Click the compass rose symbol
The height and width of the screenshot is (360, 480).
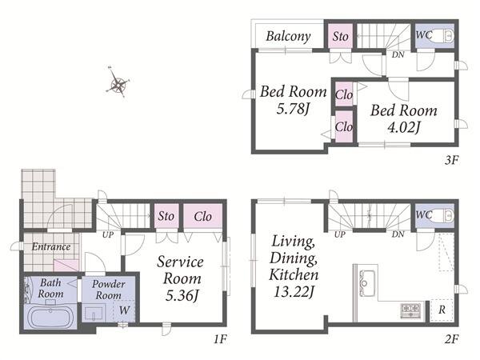coord(118,82)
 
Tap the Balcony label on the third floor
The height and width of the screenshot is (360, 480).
coord(288,37)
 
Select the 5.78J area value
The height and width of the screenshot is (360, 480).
coord(293,109)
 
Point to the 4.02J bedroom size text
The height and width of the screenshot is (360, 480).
coord(404,127)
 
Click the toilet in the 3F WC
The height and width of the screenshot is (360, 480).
coord(443,36)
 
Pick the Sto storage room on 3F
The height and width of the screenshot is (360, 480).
coord(341,36)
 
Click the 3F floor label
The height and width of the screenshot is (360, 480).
coord(452,160)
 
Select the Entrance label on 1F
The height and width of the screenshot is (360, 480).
coord(51,246)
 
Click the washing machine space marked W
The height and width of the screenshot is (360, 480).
coord(124,310)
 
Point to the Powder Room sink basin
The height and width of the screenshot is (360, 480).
coord(94,313)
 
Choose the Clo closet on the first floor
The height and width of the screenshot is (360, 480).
coord(202,216)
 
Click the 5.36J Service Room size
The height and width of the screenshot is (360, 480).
coord(182,296)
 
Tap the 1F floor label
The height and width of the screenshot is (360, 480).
coord(221,339)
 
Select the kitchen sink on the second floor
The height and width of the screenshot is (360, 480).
coord(367,283)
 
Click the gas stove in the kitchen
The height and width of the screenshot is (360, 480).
coord(410,310)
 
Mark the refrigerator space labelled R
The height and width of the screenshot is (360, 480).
coord(442,310)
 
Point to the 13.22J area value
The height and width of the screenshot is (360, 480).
coord(294,291)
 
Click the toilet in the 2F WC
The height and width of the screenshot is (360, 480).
coord(443,216)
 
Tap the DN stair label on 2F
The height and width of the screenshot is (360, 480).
coord(398,234)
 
